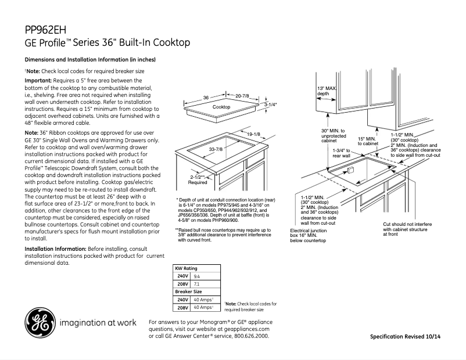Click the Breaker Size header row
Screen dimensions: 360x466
click(x=189, y=291)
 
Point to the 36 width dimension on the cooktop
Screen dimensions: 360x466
click(x=206, y=97)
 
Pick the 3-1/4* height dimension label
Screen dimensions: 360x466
click(x=271, y=106)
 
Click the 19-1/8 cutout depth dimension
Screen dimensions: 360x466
click(x=253, y=134)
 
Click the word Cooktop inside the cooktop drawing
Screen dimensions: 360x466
click(x=221, y=107)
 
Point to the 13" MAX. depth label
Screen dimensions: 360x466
click(x=327, y=91)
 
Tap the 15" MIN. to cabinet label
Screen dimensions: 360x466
click(x=368, y=141)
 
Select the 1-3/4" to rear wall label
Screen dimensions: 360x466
click(x=341, y=153)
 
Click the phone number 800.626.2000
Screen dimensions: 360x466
click(x=252, y=336)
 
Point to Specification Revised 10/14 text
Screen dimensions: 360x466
click(x=413, y=337)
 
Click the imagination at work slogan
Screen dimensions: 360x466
click(x=97, y=322)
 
